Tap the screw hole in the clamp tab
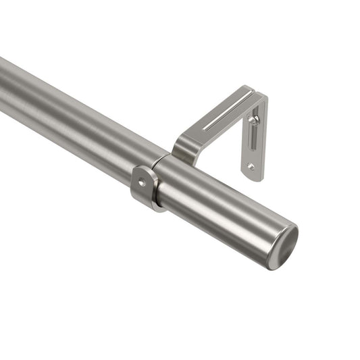pyautogui.click(x=142, y=182)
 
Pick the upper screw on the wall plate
pyautogui.click(x=253, y=120)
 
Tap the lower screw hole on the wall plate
pyautogui.click(x=251, y=165)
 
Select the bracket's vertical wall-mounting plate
pyautogui.click(x=254, y=142)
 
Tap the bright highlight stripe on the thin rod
pyautogui.click(x=68, y=101)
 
